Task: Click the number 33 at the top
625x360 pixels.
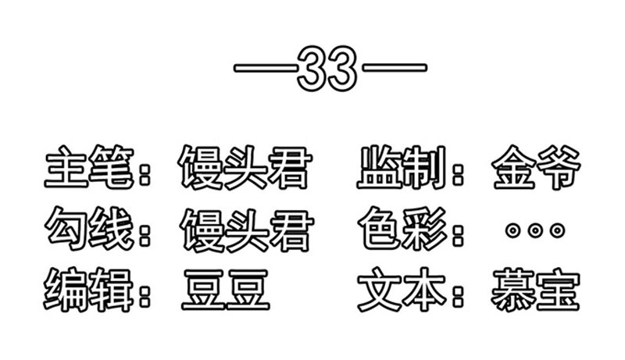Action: point(327,68)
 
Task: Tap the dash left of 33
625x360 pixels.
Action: point(266,68)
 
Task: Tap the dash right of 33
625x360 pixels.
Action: point(394,68)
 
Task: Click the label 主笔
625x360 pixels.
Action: point(89,167)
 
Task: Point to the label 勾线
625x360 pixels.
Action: point(89,229)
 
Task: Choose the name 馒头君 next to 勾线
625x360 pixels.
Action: point(246,230)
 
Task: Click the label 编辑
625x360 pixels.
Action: point(88,290)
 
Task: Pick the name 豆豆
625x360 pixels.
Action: point(226,290)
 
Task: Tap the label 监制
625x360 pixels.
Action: point(402,167)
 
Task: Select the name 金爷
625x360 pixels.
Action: point(536,167)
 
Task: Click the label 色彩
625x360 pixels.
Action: point(402,229)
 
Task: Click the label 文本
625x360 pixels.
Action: point(402,290)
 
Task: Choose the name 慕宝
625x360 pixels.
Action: point(535,290)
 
